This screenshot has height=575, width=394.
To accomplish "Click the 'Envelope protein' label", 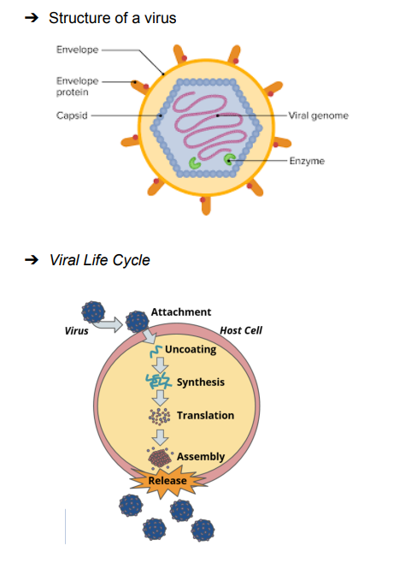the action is click(77, 86).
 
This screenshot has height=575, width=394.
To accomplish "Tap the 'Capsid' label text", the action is click(72, 116).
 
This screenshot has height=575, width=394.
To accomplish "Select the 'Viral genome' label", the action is click(318, 116).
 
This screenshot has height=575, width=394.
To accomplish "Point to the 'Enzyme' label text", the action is click(307, 161).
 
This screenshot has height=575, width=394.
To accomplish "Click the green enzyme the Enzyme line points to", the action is click(230, 159).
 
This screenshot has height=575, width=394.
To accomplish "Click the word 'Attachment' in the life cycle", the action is click(181, 312).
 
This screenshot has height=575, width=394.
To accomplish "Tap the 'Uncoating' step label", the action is click(191, 349).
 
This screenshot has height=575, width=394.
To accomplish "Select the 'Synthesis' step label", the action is click(201, 382).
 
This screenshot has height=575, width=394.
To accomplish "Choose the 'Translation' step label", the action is click(205, 416).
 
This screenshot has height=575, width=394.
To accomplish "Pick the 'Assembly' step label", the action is click(201, 457).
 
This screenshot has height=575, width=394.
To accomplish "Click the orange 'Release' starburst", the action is click(168, 481).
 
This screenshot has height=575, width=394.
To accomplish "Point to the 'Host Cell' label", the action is click(241, 330).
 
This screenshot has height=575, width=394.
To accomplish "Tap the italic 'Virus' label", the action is click(77, 331).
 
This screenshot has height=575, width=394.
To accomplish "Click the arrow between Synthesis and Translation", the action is click(160, 398).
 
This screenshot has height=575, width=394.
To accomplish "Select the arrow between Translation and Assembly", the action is click(160, 437).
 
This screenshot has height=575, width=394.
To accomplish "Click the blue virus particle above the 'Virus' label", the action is click(93, 312).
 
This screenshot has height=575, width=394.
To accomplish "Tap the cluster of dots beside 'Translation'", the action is click(159, 416).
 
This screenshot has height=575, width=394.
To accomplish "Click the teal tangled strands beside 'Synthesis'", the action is click(158, 381).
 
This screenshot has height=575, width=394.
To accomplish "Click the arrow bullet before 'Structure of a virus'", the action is click(32, 18).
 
